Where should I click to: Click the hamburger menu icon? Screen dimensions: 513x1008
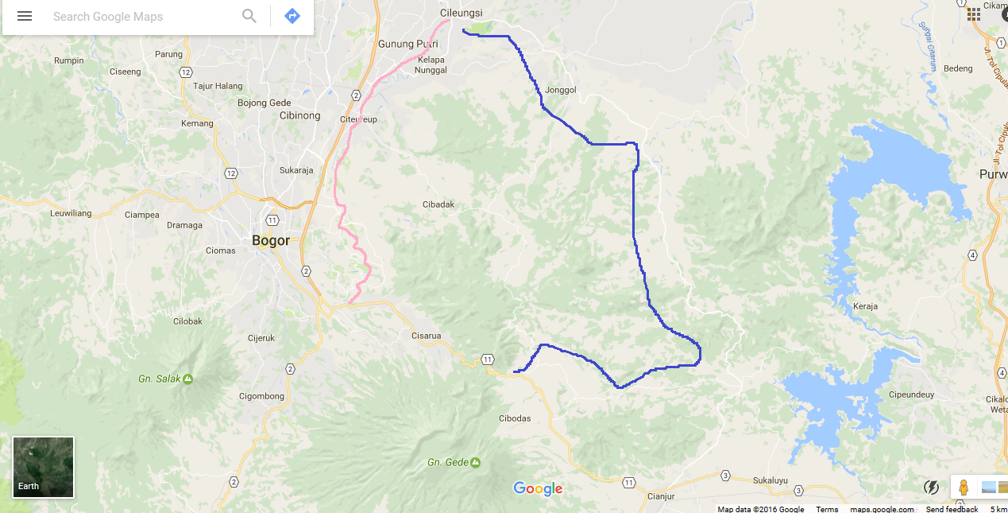pos(25,16)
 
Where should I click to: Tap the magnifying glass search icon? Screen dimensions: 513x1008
pos(249,16)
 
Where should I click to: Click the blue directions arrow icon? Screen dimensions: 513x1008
pos(292,16)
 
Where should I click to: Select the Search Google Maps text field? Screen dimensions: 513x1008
pos(143,17)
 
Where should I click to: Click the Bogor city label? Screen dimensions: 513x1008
pos(271,240)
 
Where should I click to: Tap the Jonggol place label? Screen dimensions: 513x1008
pos(561,90)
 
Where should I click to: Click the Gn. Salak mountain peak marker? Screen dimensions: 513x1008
pos(188,379)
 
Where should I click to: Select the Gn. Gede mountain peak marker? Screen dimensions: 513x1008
pos(475,462)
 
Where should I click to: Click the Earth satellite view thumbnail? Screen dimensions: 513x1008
pos(44,467)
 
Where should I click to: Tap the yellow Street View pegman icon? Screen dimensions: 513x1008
pos(964,487)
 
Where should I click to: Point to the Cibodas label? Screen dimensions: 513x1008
pos(515,418)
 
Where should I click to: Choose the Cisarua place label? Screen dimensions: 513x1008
pos(426,336)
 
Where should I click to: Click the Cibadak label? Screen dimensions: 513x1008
pos(438,204)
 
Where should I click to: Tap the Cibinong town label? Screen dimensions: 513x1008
pos(299,115)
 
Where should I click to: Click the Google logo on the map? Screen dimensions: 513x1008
pos(538,488)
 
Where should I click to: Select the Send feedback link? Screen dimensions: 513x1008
pos(952,509)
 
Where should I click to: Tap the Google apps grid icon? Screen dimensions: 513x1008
pos(974,14)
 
